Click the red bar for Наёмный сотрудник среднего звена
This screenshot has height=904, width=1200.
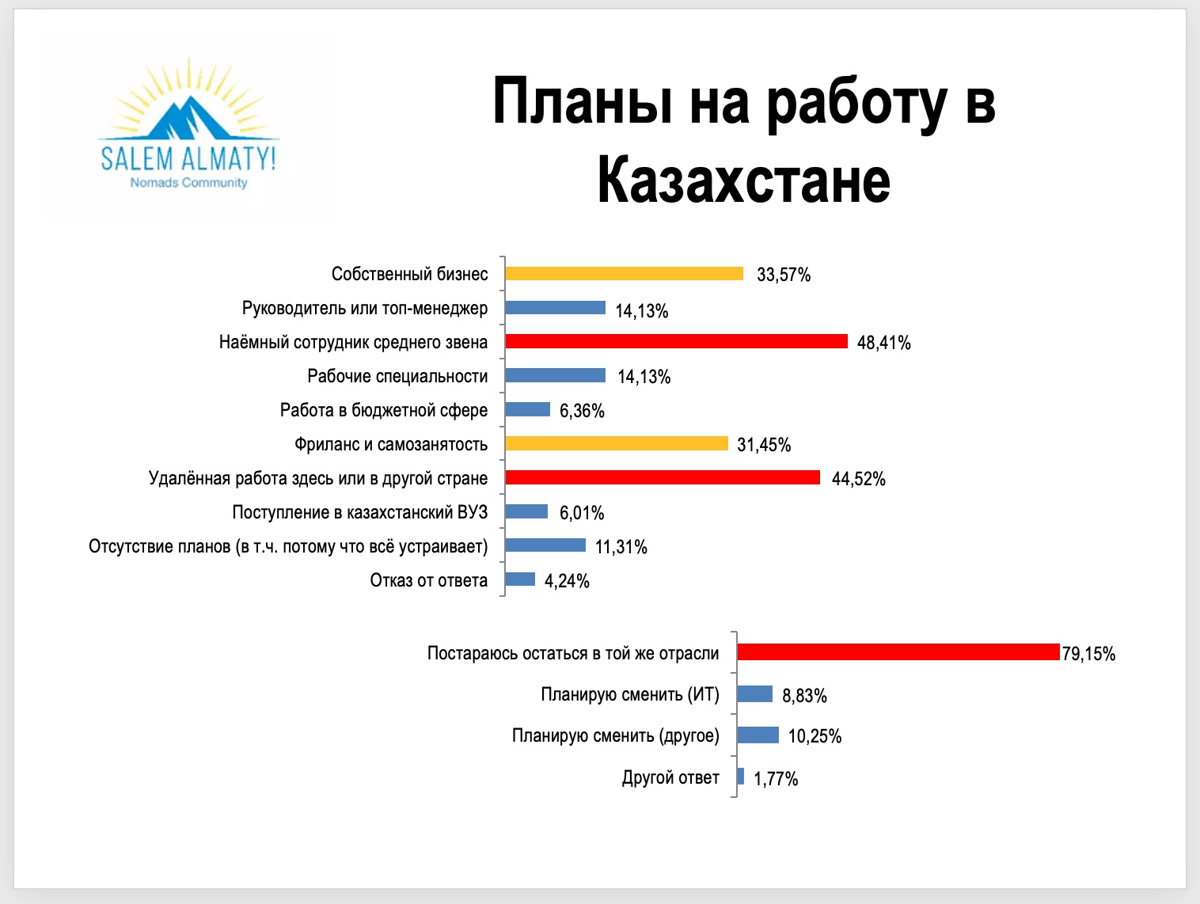coord(676,342)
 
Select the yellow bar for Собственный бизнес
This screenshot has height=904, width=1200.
coord(625,273)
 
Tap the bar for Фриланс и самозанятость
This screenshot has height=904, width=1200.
coord(617,443)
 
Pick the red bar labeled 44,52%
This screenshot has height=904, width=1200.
coord(663,477)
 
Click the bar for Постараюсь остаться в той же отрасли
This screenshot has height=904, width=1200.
coord(898,652)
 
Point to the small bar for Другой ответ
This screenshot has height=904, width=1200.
coord(741,776)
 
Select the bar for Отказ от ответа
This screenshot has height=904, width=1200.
coord(520,579)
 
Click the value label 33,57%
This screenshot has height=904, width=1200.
coord(784,275)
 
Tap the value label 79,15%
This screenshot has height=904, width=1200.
coord(1088,654)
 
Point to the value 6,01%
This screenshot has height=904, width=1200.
coord(582,513)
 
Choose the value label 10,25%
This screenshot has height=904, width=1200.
coord(815,736)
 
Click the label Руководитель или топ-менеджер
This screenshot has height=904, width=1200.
coord(365,308)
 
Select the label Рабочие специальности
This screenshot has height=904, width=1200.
coord(397,376)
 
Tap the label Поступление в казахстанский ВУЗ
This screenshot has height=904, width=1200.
coord(359,512)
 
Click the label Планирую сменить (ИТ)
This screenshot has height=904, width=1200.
coord(630,694)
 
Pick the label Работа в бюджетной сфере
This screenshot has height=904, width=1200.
coord(384,410)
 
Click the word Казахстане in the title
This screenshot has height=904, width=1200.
coord(743,180)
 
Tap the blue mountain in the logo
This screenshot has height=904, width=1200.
coord(188,118)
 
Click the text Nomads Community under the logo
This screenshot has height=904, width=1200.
coord(188,183)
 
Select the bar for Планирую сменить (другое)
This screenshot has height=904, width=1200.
coord(758,735)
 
